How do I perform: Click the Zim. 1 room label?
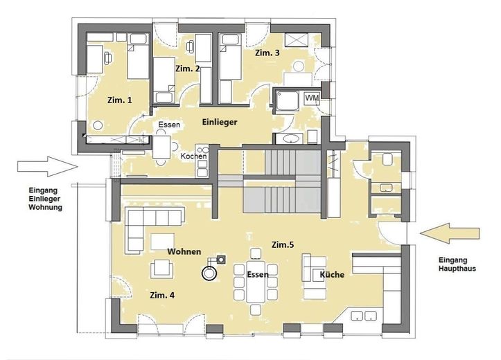pos(119,100)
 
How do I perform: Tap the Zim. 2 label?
pos(188,69)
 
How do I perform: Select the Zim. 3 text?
pos(267,53)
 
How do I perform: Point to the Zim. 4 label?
pos(162,296)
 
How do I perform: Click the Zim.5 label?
pos(283,245)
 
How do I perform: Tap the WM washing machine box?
pos(312,98)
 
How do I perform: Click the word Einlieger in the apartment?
pos(220,122)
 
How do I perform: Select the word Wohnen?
pos(184,251)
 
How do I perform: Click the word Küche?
pos(333,274)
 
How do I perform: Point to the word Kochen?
pos(193,156)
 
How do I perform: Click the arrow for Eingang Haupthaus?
pos(450,233)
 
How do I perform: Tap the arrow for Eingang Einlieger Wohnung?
pos(48,166)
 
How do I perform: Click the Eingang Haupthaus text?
pos(457,264)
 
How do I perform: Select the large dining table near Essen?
pos(256,282)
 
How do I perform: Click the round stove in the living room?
pos(209,273)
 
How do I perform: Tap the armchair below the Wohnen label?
pos(162,269)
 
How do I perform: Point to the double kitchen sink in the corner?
pos(364,316)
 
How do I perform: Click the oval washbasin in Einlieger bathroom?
pos(291,139)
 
